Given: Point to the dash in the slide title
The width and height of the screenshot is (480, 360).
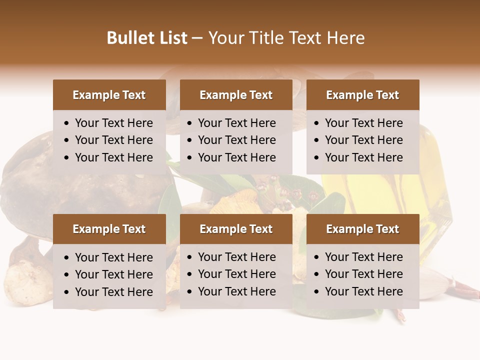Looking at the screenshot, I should (x=197, y=38).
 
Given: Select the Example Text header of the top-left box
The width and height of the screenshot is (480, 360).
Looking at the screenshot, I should (x=109, y=95).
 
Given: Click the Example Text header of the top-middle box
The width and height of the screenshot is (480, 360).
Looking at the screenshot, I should (x=236, y=95).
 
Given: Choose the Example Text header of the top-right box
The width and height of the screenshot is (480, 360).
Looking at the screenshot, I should (x=362, y=95).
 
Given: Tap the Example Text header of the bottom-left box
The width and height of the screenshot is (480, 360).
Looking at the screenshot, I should (x=109, y=229).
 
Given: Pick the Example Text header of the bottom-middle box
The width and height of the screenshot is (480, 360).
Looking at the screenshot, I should (x=236, y=229).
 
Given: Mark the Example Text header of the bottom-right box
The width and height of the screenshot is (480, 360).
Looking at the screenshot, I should (x=362, y=229).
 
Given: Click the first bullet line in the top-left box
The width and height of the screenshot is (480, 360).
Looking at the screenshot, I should (x=113, y=123).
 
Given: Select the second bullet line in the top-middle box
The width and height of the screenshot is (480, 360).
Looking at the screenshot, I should (x=236, y=140).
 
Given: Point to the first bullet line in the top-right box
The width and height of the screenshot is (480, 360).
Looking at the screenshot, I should (x=363, y=123).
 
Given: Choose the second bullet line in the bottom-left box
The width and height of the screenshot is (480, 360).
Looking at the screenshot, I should (x=113, y=274).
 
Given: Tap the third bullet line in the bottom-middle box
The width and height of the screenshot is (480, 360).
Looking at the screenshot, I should (x=236, y=291).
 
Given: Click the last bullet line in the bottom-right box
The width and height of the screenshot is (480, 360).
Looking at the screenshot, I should (x=363, y=291).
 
